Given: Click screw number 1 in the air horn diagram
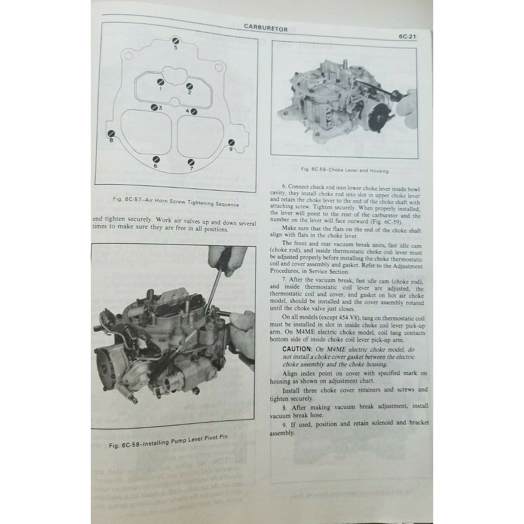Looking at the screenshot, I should coord(160,82).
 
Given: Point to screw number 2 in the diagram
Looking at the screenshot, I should coord(189,87).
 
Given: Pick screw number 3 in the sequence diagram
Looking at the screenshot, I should coord(154,107).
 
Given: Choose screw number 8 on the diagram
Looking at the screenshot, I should coord(111,134).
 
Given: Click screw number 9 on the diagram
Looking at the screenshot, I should coord(231,143).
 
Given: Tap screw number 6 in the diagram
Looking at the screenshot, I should coord(156,160).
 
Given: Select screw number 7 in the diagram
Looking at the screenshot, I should coord(191,163).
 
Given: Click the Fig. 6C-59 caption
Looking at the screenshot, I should coord(345,170).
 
